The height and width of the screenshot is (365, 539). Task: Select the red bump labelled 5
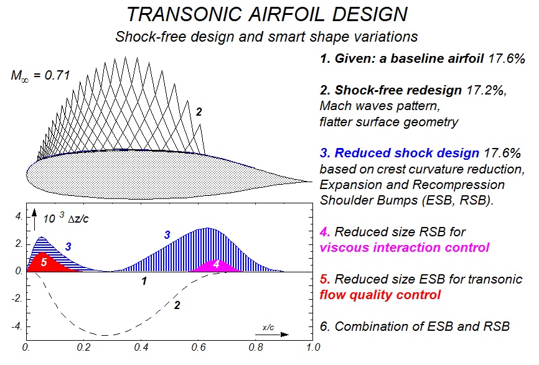(x=46, y=263)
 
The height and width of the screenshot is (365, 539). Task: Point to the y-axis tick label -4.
(x=17, y=325)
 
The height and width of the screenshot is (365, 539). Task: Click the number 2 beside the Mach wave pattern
(x=199, y=113)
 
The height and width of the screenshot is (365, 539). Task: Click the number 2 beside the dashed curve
(x=177, y=305)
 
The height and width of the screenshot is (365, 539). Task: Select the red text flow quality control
(x=378, y=295)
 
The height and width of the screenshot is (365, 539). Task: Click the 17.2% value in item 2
(x=487, y=91)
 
